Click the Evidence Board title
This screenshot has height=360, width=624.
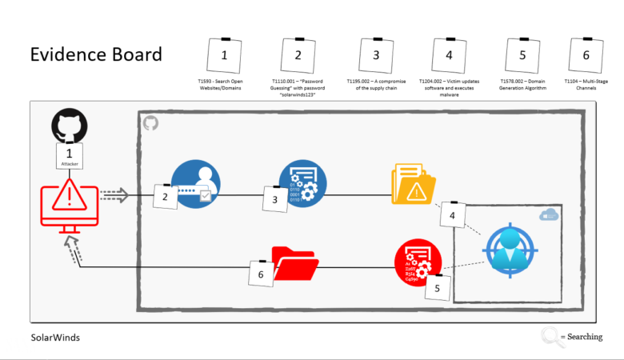click(x=96, y=54)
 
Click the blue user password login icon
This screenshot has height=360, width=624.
click(x=196, y=184)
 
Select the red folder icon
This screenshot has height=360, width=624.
click(x=295, y=265)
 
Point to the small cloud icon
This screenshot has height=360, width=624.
click(x=549, y=214)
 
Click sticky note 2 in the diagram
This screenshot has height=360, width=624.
click(x=166, y=196)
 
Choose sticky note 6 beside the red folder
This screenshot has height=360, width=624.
click(x=261, y=274)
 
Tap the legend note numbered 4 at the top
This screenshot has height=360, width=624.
click(x=449, y=55)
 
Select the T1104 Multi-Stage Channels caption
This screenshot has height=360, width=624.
click(x=586, y=86)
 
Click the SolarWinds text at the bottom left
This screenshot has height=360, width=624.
click(x=55, y=338)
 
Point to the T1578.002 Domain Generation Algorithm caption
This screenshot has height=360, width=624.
click(x=522, y=86)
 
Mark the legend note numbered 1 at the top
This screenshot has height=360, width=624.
click(x=224, y=55)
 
